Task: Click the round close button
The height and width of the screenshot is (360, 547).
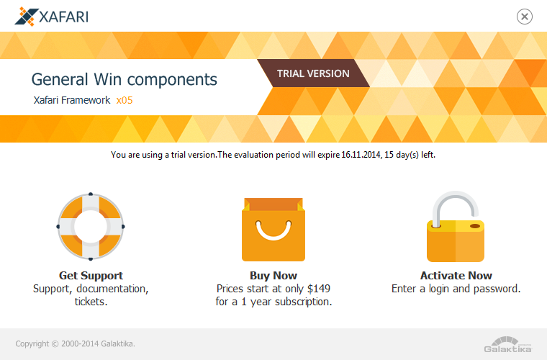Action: (524, 17)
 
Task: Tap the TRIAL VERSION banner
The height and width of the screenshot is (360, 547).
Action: (313, 73)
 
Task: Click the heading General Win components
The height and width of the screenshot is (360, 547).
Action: (125, 79)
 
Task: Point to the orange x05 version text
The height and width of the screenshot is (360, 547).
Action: (125, 101)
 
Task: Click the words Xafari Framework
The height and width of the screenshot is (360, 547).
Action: (72, 100)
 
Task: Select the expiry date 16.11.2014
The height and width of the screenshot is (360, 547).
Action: (361, 155)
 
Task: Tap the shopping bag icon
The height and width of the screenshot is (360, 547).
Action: (273, 230)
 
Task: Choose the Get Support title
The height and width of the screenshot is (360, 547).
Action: (91, 276)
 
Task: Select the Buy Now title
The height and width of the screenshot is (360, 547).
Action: (273, 276)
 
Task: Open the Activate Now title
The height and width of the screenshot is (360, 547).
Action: (456, 276)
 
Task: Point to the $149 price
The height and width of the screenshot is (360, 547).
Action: (319, 289)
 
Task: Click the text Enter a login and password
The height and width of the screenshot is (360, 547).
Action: (456, 289)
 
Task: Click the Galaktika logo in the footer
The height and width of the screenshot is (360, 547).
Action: (508, 345)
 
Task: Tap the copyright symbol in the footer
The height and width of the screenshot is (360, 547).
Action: (55, 344)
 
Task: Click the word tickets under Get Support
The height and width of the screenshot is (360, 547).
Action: (91, 302)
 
